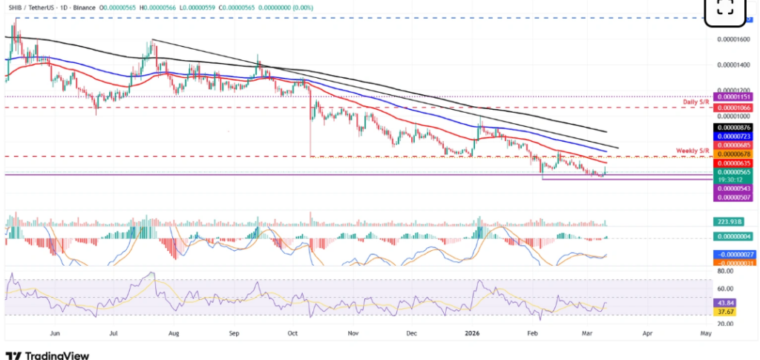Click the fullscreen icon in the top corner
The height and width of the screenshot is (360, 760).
(725, 8)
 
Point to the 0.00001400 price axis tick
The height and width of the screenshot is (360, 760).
(732, 65)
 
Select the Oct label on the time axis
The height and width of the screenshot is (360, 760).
(292, 335)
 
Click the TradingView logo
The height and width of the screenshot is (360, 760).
(47, 354)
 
